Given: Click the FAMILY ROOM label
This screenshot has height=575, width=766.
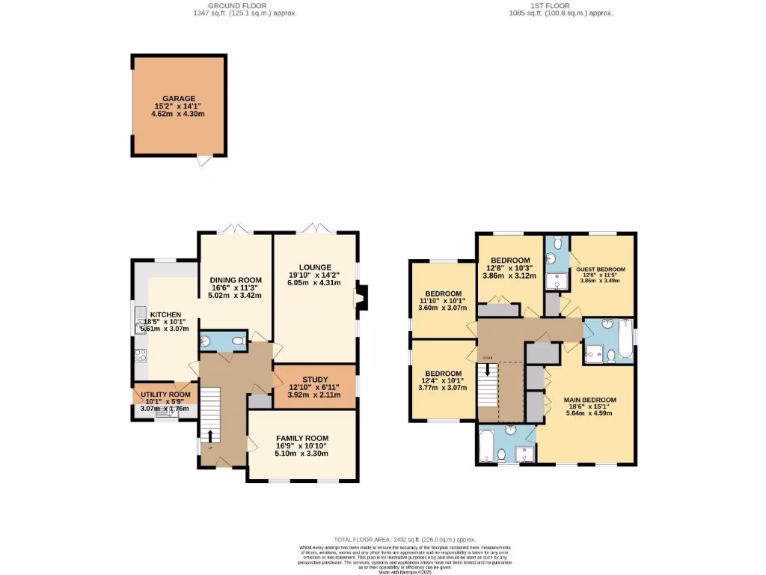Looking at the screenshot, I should click(302, 438).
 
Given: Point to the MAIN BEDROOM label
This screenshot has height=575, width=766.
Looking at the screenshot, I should click(589, 400).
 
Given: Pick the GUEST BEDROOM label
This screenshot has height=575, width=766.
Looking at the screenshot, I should click(600, 269).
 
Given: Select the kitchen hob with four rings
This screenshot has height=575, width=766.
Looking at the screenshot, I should click(139, 356).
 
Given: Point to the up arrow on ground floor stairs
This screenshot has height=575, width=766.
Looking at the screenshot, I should click(210, 436).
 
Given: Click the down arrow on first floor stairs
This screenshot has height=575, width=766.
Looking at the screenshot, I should click(488, 369).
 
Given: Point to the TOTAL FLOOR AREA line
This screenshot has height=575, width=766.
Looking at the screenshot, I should click(405, 540).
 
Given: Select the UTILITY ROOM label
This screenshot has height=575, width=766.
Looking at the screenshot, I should click(165, 394).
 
